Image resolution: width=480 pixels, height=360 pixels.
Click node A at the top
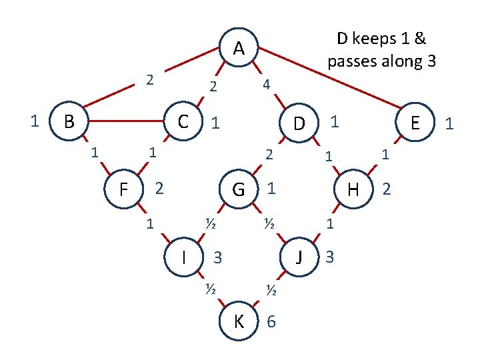[239, 48]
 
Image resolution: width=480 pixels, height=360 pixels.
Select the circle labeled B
[68, 122]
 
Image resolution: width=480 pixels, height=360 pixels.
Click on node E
[415, 123]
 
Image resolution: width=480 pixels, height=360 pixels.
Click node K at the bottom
[239, 321]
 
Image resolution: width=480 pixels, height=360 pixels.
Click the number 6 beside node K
[271, 321]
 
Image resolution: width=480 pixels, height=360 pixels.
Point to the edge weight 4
[266, 85]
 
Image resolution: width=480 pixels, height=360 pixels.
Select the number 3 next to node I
[217, 257]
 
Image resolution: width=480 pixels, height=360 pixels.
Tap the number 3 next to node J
[331, 256]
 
